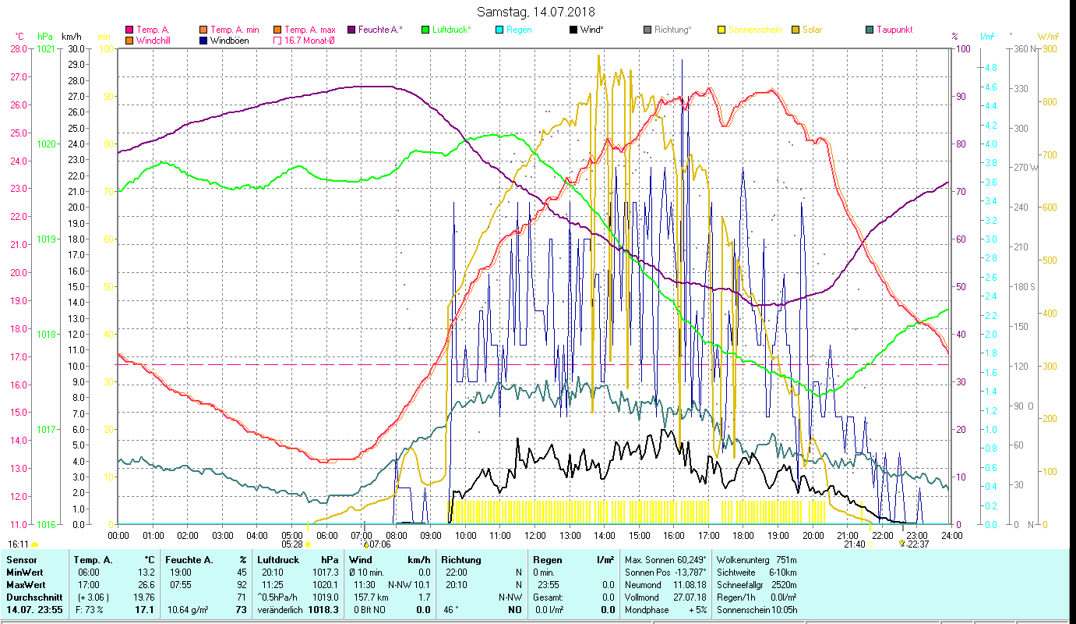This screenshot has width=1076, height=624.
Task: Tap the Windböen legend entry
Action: click(229, 41)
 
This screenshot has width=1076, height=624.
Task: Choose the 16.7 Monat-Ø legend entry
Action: click(309, 41)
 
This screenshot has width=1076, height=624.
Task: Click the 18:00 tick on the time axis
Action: click(743, 536)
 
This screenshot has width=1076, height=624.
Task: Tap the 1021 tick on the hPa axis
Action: click(46, 48)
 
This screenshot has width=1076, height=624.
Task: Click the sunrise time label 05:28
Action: click(292, 544)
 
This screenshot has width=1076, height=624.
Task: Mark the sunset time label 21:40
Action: click(854, 544)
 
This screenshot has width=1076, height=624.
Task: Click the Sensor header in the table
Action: click(21, 560)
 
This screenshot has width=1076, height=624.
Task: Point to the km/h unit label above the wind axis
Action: click(71, 37)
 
